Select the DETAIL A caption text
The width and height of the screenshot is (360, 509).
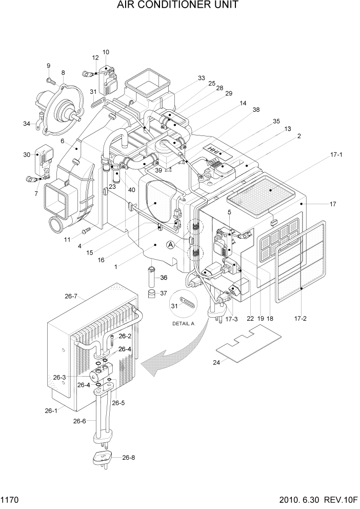pyautogui.click(x=183, y=324)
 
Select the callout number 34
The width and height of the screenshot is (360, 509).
pyautogui.click(x=26, y=123)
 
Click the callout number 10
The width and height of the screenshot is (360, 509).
pyautogui.click(x=106, y=52)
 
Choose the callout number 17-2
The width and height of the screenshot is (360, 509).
pyautogui.click(x=301, y=319)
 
